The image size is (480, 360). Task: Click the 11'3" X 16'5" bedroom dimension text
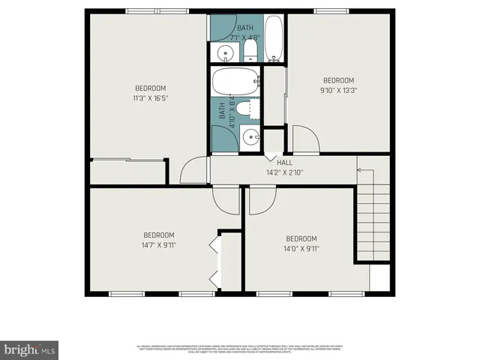[x=150, y=98]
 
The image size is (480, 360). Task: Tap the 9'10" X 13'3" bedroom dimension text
[x=338, y=91]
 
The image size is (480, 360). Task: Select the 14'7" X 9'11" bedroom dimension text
[x=159, y=244]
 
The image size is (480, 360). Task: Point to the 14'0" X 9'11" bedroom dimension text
[x=301, y=249]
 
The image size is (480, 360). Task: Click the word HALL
[x=284, y=163]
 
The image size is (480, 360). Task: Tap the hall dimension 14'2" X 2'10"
[x=284, y=172]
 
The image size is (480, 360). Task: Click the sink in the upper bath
[x=223, y=53]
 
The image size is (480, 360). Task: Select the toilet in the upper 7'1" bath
[x=250, y=52]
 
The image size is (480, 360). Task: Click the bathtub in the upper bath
[x=274, y=39]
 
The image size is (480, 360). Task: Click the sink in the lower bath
[x=253, y=136]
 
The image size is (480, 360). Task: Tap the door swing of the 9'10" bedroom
[x=304, y=140]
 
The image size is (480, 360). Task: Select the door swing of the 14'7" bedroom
[x=226, y=198]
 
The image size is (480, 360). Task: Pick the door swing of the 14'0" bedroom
[x=262, y=199]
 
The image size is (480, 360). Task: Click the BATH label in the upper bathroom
[x=244, y=28]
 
